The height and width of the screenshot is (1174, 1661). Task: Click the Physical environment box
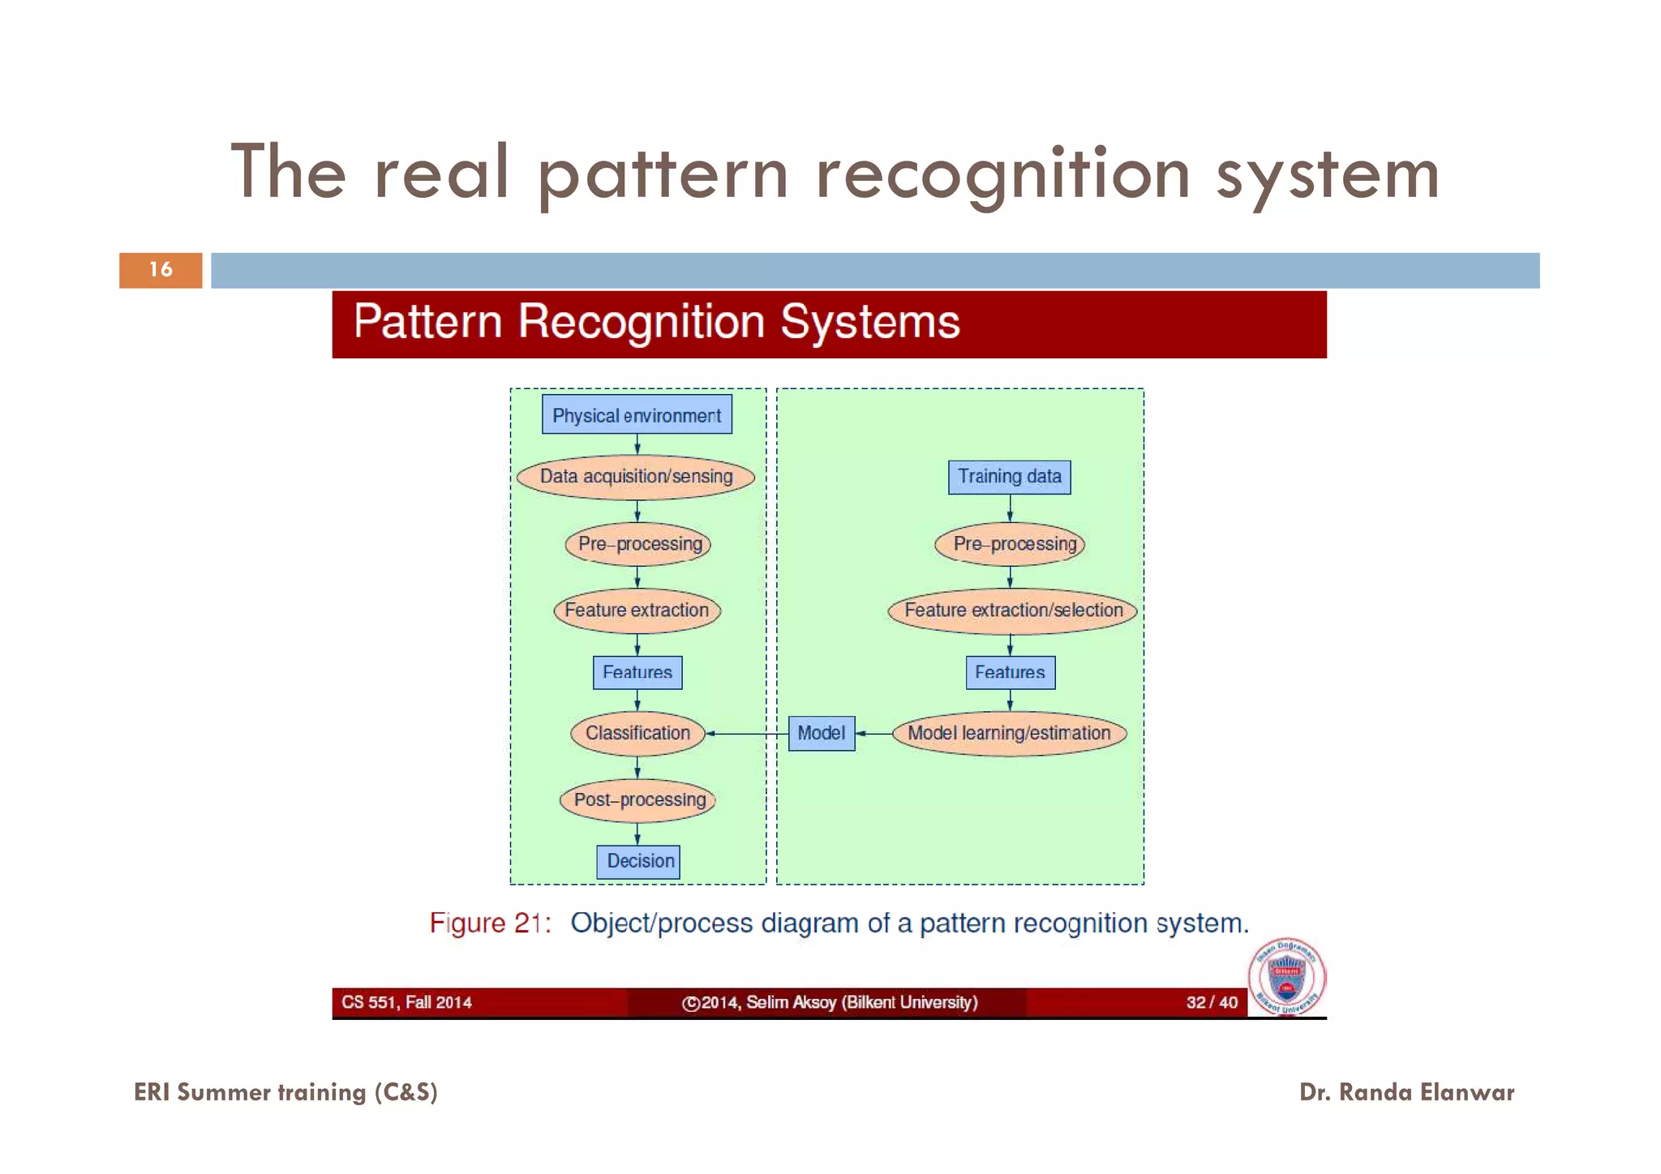pos(637,414)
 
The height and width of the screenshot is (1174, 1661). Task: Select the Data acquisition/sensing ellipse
pos(637,476)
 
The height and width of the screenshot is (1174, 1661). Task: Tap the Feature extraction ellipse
pos(637,611)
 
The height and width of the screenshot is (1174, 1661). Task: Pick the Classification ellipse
pos(637,733)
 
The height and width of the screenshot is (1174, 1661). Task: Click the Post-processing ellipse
pos(638,800)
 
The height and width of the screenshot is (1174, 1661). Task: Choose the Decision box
pos(638,861)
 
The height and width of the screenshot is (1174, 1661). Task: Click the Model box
pos(822,733)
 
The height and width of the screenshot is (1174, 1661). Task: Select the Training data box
pos(1009,477)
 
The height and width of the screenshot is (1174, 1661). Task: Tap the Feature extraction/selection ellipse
pos(1013,611)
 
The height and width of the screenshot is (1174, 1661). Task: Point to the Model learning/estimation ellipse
pos(1009,733)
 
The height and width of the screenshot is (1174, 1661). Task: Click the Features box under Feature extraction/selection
pos(1010,673)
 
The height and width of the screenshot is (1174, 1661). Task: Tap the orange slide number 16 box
pos(161,270)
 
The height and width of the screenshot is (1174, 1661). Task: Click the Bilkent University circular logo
pos(1287,977)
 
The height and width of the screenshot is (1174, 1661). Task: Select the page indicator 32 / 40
pos(1212,1002)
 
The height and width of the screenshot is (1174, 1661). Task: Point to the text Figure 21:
pos(490,923)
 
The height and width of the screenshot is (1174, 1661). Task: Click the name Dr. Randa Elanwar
pos(1406,1092)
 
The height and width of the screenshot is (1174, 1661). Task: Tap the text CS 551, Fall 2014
pos(406,1002)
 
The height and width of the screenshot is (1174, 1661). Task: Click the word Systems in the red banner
pos(869,322)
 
